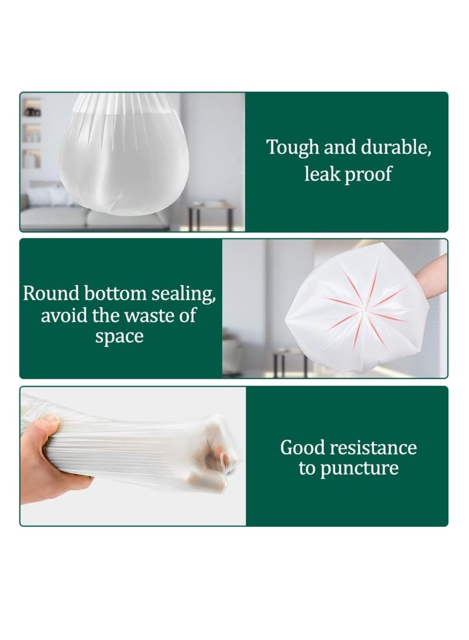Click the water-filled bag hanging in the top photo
tap(125, 158)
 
